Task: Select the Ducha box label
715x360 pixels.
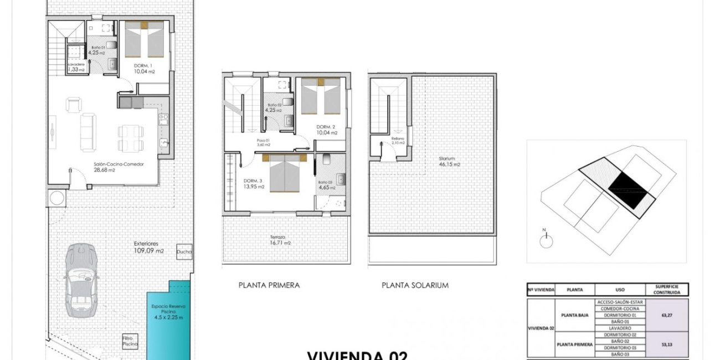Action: (x=184, y=252)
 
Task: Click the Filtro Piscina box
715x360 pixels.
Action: (x=130, y=341)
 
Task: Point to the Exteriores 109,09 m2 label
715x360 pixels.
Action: (x=149, y=247)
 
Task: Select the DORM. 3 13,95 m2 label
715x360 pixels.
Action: (x=254, y=184)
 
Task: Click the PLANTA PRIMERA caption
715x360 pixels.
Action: (x=269, y=285)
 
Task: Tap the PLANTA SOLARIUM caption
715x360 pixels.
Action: (x=415, y=285)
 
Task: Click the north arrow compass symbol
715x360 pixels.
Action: (x=546, y=240)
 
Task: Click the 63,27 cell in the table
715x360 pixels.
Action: (x=667, y=315)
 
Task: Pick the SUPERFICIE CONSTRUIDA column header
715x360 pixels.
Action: (x=667, y=290)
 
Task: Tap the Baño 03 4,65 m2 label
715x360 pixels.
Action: (x=325, y=185)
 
